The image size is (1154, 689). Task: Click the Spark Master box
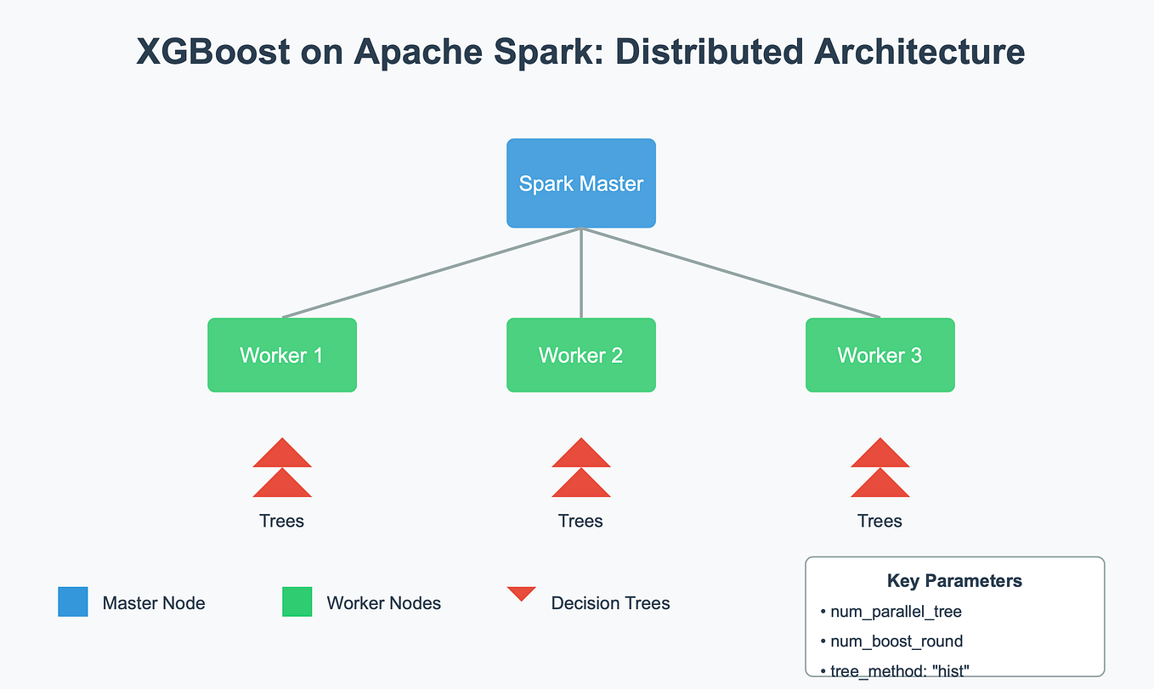coord(581,184)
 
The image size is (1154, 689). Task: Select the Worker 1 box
coord(282,355)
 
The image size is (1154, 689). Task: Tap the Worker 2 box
coord(581,355)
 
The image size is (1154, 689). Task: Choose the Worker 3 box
coord(880,355)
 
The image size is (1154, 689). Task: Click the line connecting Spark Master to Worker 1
coord(432,273)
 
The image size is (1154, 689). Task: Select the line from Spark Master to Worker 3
coord(731,273)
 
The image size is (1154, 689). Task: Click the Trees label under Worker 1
coord(282,521)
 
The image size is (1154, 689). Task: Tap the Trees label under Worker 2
coord(581,521)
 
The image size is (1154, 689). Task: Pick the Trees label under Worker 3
coord(880,521)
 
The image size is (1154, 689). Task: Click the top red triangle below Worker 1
coord(282,455)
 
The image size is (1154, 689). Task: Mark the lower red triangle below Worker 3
coord(880,486)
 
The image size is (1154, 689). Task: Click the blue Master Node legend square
coord(73,602)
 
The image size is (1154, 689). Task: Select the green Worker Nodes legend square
coord(297,602)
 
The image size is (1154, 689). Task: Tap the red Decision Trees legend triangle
coord(521,593)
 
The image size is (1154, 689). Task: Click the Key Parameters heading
coord(954,581)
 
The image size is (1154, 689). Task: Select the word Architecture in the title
coord(919,53)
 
